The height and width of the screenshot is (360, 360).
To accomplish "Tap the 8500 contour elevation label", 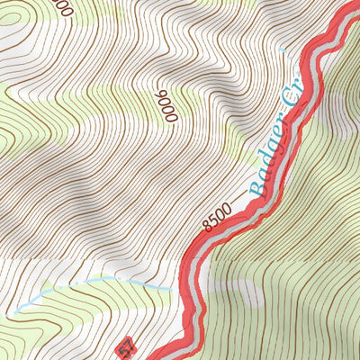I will pos(217,217).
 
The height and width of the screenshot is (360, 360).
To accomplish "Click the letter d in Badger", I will pos(265,165).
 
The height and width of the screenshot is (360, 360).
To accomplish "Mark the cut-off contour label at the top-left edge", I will pos(60,7).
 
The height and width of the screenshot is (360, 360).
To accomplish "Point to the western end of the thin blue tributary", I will pos(13,312).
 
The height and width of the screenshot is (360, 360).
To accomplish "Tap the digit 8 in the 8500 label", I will pos(207,226).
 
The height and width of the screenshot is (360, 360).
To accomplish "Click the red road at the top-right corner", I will pos(346,13).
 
